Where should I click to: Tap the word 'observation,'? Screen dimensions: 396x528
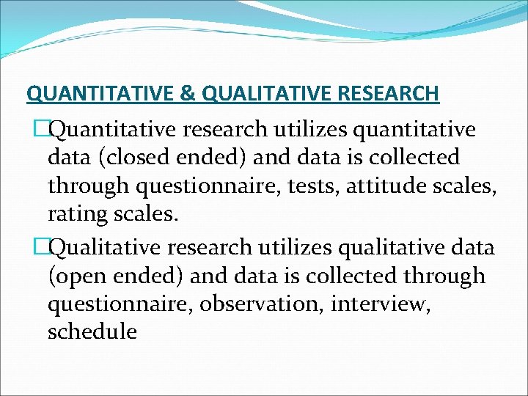pyautogui.click(x=262, y=304)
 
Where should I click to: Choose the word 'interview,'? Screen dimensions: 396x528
pyautogui.click(x=378, y=304)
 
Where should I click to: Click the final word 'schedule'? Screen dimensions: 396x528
pyautogui.click(x=92, y=331)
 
